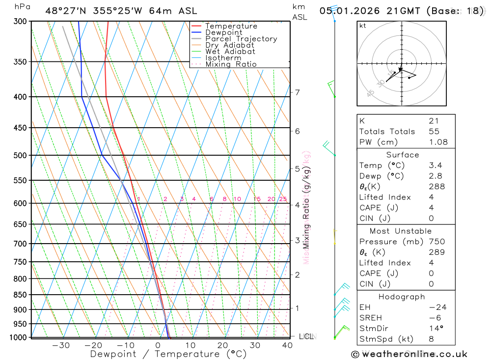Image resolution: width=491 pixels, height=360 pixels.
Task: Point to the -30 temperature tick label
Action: pyautogui.click(x=60, y=345)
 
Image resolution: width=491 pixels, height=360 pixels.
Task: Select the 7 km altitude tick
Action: pyautogui.click(x=297, y=92)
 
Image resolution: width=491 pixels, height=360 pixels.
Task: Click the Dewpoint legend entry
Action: pyautogui.click(x=223, y=33)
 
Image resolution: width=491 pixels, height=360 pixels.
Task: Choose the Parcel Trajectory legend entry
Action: pyautogui.click(x=241, y=39)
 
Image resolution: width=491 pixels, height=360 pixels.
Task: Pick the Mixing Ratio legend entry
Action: pyautogui.click(x=231, y=64)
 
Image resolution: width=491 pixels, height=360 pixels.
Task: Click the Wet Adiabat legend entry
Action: pyautogui.click(x=230, y=52)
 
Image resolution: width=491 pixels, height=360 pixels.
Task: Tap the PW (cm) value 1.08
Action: pyautogui.click(x=438, y=142)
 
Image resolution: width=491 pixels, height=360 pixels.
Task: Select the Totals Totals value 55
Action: pyautogui.click(x=434, y=132)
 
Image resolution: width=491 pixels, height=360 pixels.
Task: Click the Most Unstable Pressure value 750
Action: pyautogui.click(x=436, y=242)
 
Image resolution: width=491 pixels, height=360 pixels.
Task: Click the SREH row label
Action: pyautogui.click(x=370, y=318)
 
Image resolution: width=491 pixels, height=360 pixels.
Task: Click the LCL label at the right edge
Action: pyautogui.click(x=306, y=336)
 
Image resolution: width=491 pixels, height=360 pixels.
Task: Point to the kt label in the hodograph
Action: pyautogui.click(x=363, y=26)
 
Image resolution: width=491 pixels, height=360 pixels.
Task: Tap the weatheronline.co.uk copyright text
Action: pyautogui.click(x=409, y=354)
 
